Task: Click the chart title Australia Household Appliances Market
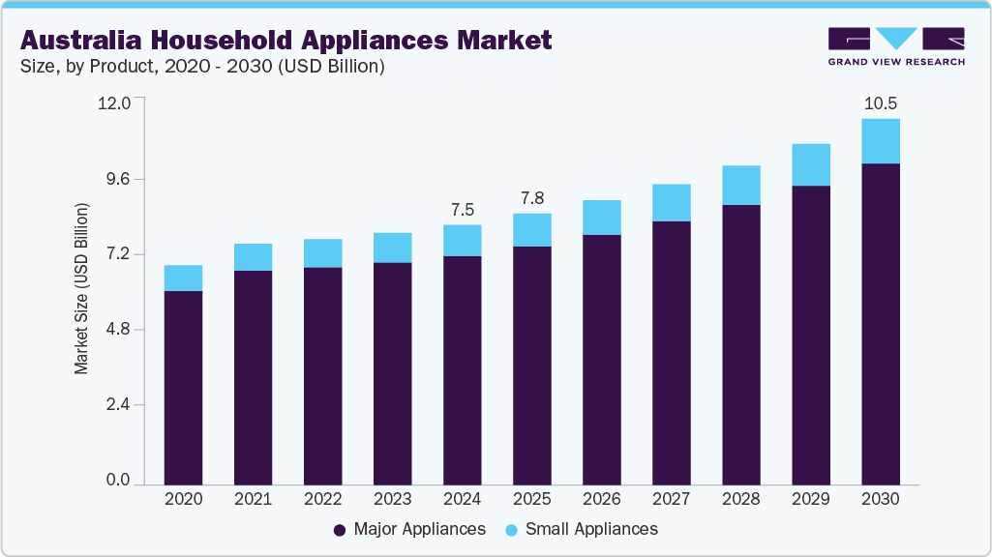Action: tap(286, 40)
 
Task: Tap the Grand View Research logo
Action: tap(895, 45)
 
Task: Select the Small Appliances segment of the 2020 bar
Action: tap(183, 278)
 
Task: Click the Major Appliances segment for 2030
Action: tap(881, 324)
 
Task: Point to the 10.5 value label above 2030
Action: tap(880, 103)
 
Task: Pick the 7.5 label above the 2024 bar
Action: tap(462, 210)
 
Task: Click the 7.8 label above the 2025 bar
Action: tap(531, 198)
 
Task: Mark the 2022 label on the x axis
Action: tap(322, 500)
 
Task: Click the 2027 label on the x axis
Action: tap(671, 500)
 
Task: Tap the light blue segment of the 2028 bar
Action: tap(740, 185)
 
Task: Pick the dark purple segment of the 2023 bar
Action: tap(392, 373)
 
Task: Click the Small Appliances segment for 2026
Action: tap(601, 218)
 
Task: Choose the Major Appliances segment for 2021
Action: tap(253, 377)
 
